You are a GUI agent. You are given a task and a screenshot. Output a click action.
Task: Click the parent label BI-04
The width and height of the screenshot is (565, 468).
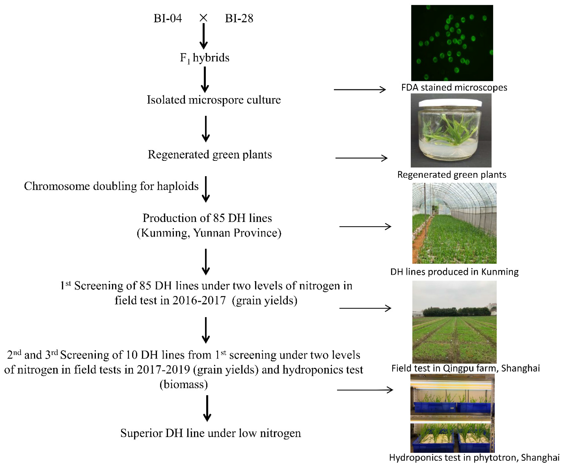click(168, 18)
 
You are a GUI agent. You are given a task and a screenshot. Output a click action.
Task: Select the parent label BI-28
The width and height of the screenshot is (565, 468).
click(239, 18)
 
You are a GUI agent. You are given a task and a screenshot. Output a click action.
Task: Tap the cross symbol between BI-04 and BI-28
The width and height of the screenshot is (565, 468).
click(203, 18)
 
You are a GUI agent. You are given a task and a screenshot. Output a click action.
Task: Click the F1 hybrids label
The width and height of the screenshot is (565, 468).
click(205, 58)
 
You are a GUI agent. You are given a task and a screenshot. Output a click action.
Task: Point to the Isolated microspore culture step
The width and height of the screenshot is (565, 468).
click(214, 100)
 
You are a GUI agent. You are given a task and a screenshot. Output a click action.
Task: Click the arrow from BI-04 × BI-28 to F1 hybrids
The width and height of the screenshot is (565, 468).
click(204, 36)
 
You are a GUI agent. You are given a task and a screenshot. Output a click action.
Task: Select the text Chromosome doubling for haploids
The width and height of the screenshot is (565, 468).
click(111, 186)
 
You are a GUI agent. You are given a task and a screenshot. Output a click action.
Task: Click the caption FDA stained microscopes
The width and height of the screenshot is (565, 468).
click(454, 87)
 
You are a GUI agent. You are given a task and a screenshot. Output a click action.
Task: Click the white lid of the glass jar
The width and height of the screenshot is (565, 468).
click(451, 102)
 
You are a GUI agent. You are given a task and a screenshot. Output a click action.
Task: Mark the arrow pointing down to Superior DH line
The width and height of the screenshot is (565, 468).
click(207, 408)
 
